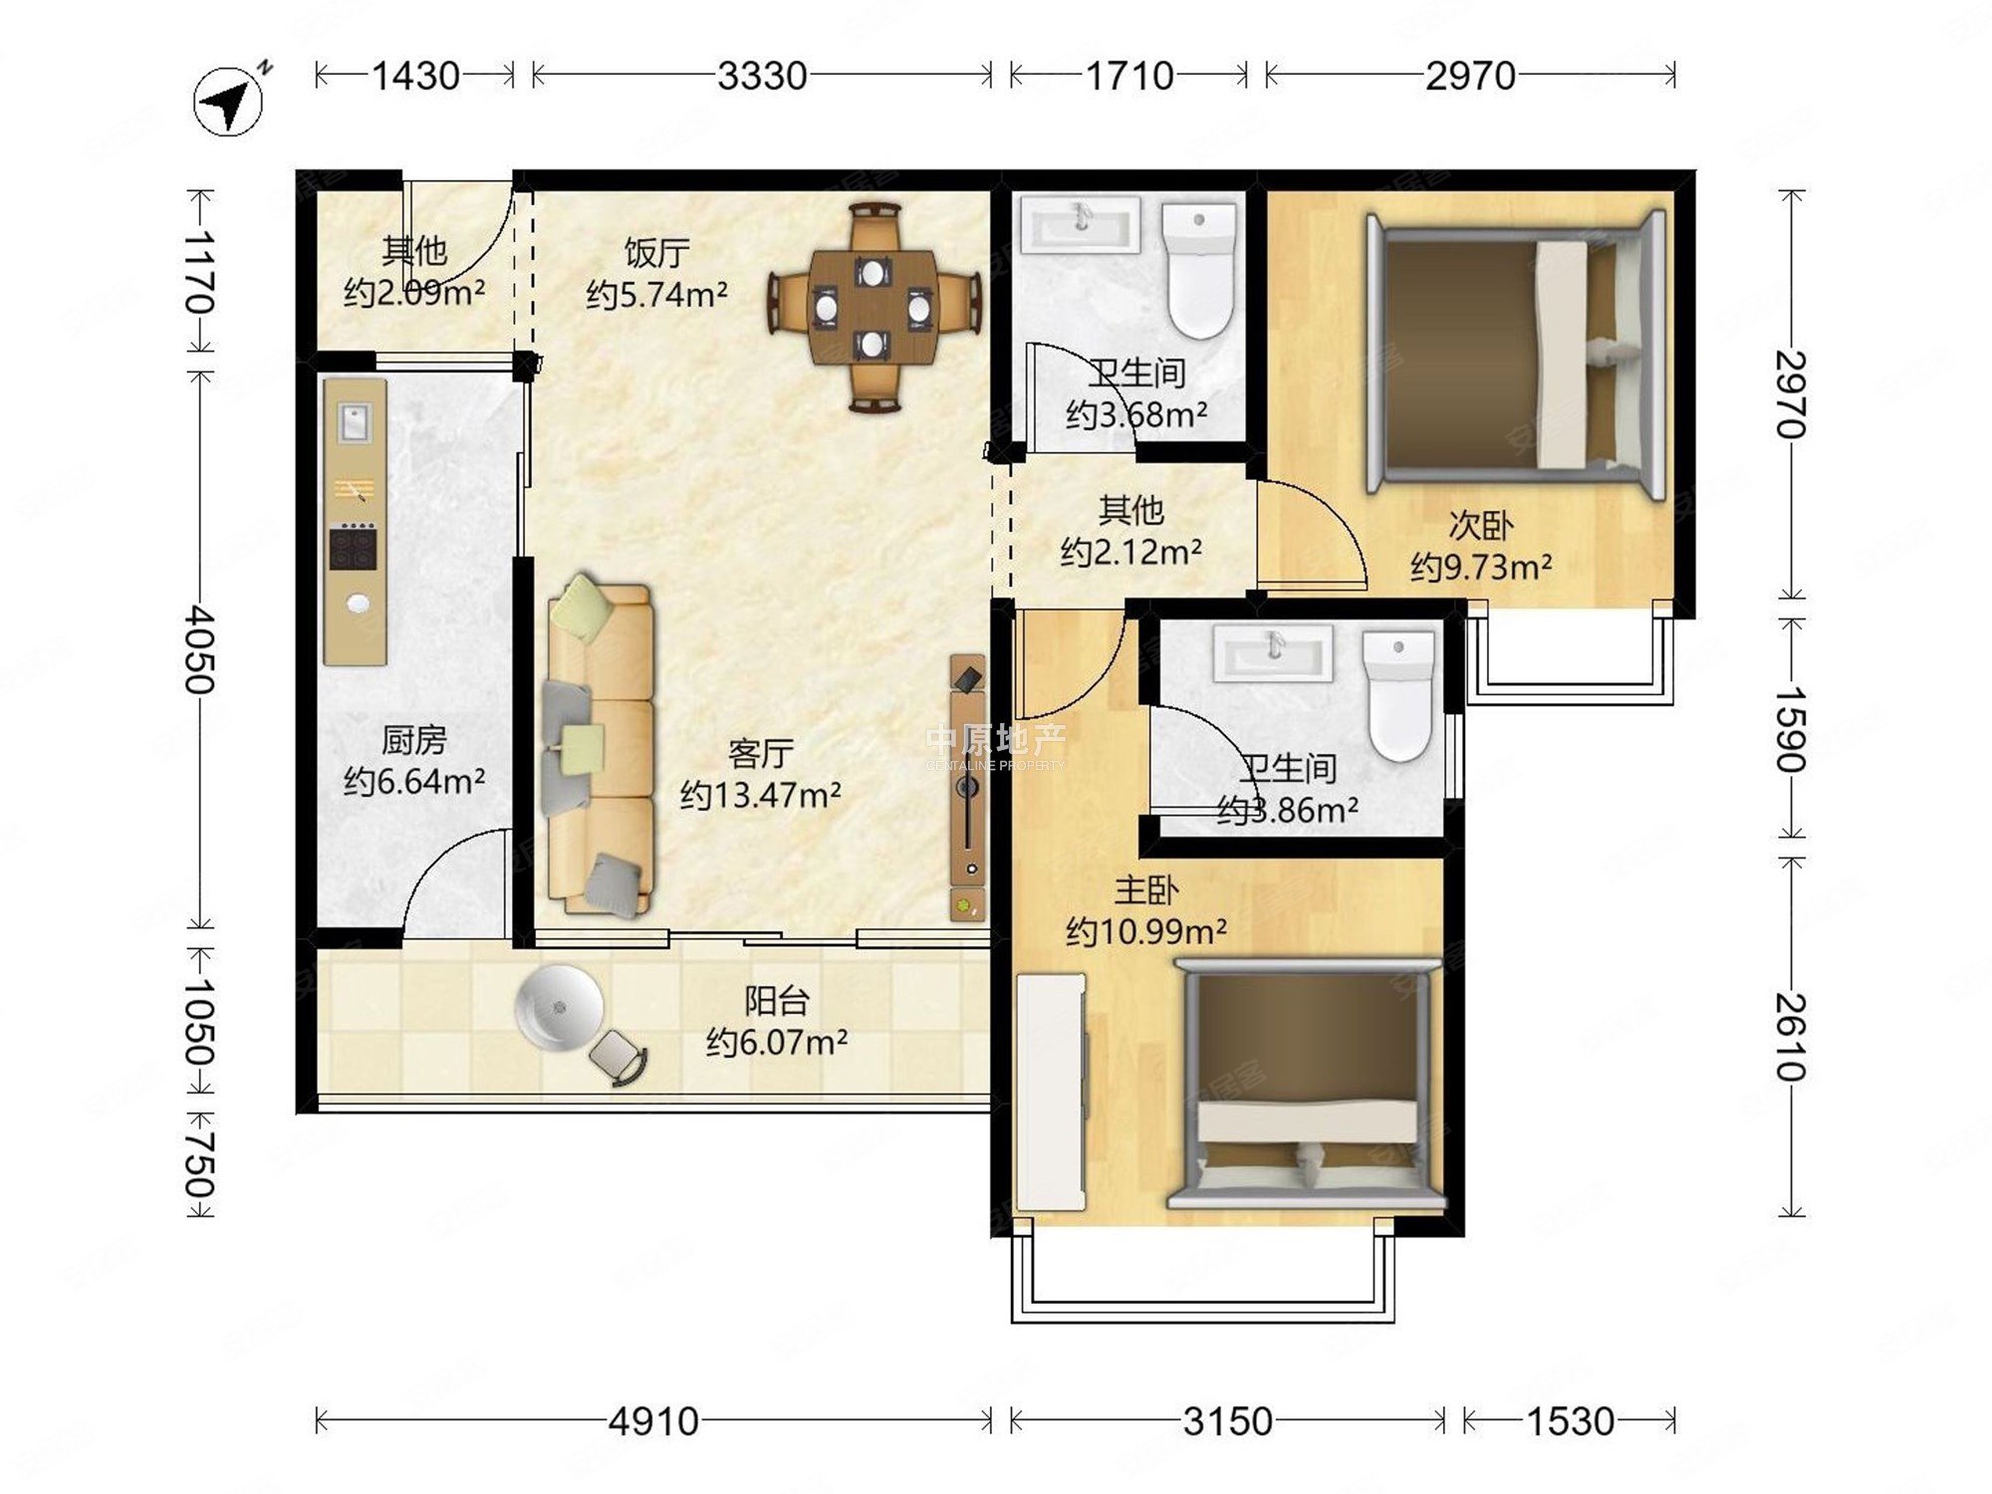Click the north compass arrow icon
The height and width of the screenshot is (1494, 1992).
point(229,100)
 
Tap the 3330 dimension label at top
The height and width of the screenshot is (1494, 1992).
point(762,76)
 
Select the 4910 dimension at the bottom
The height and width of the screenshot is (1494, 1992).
point(653,1421)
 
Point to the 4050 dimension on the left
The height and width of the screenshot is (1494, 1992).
point(199,649)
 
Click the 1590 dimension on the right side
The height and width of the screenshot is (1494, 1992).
point(1791,728)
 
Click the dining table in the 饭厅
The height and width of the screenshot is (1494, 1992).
point(873,307)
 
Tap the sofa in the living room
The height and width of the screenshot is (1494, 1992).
point(599,747)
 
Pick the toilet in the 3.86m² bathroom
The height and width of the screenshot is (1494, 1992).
point(1399,694)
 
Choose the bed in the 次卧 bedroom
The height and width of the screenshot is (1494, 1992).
point(1516,354)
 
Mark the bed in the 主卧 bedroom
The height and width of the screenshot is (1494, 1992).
point(1307,1084)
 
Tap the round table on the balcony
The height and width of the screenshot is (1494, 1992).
point(559,1007)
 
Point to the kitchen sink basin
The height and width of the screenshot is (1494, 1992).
point(354,421)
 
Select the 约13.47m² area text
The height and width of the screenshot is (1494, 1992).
point(760,795)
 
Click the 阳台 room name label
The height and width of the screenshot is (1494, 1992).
point(777,1000)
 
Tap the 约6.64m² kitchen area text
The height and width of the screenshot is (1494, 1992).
point(414,781)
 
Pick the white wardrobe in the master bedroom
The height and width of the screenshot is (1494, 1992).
point(1051,1092)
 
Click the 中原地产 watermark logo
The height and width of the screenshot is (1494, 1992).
point(995,745)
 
